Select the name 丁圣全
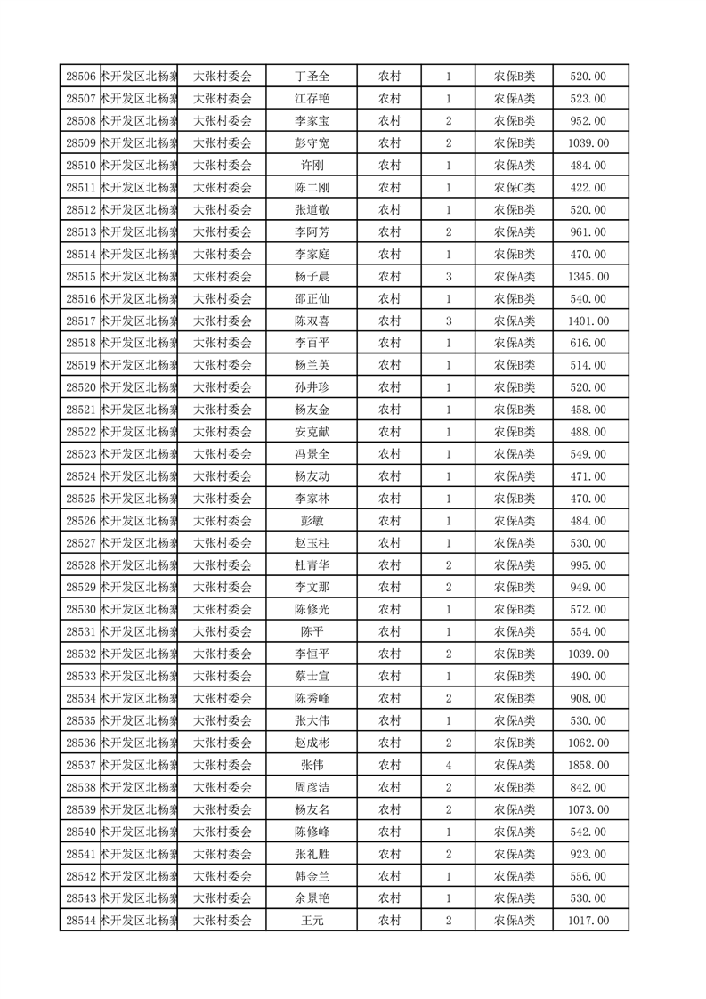coord(312,77)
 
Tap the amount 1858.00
coord(588,765)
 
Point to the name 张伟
coord(312,765)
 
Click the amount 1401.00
coord(588,321)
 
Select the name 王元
coord(312,921)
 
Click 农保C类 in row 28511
coord(515,188)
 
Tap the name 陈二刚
coord(312,188)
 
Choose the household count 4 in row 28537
coord(449,765)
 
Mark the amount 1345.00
coord(588,277)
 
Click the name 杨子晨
coord(312,277)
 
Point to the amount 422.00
coord(588,188)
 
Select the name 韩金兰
coord(312,876)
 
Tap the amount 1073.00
coord(588,809)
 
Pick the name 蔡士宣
coord(312,676)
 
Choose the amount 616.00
coord(588,344)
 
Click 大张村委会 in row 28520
coord(223,387)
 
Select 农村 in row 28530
coord(389,610)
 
